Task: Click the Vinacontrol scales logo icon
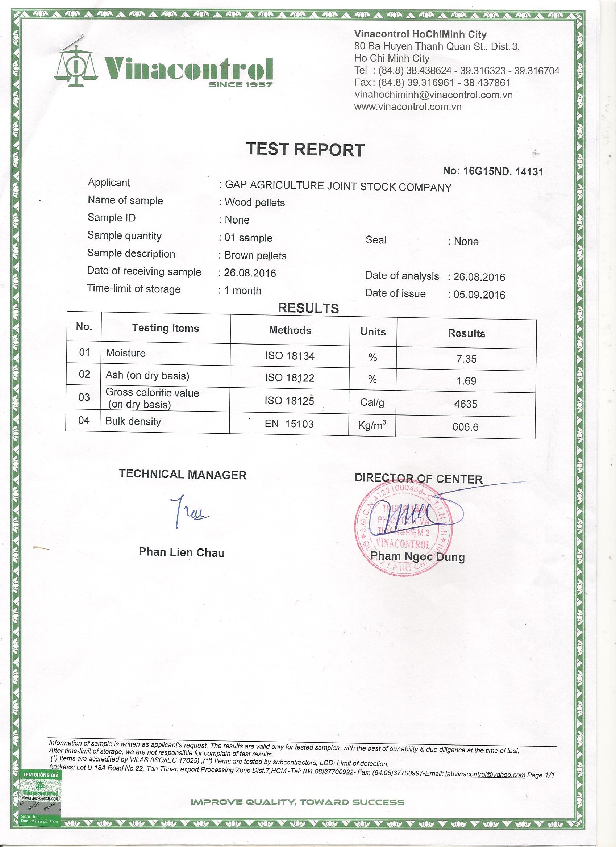pyautogui.click(x=75, y=66)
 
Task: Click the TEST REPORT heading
pyautogui.click(x=305, y=149)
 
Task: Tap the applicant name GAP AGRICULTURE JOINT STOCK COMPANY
pyautogui.click(x=338, y=186)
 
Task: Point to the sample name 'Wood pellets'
pyautogui.click(x=254, y=203)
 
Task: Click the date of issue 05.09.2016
pyautogui.click(x=479, y=295)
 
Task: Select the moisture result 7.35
pyautogui.click(x=466, y=359)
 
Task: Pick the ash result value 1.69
pyautogui.click(x=466, y=381)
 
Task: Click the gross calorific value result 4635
pyautogui.click(x=466, y=404)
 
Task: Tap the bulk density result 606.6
pyautogui.click(x=465, y=426)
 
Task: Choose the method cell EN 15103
pyautogui.click(x=289, y=424)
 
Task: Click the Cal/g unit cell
pyautogui.click(x=372, y=402)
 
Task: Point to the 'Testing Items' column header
pyautogui.click(x=166, y=328)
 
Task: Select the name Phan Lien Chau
pyautogui.click(x=182, y=552)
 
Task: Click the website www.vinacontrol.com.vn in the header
pyautogui.click(x=408, y=107)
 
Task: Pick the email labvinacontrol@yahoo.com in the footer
pyautogui.click(x=485, y=775)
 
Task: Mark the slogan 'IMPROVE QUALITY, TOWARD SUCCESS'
pyautogui.click(x=297, y=802)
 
